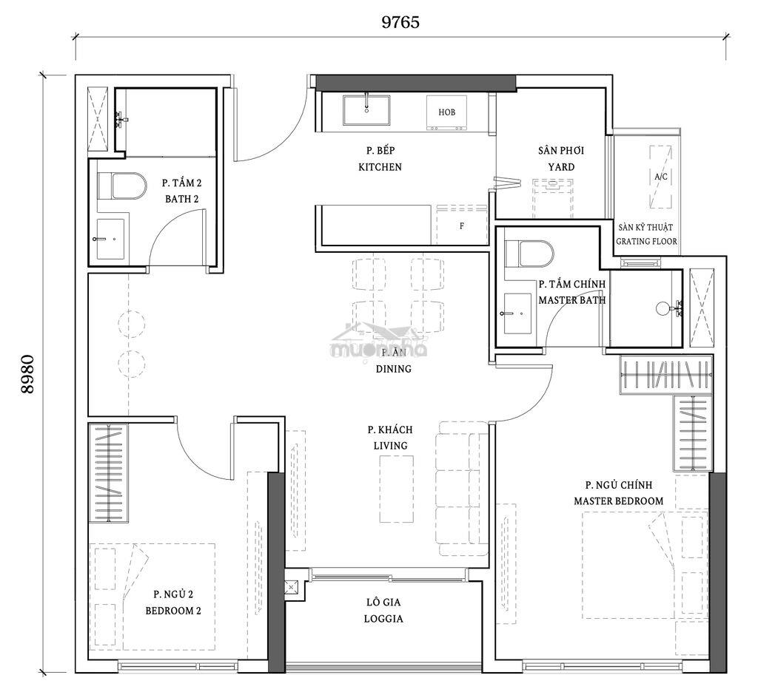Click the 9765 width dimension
click(x=400, y=21)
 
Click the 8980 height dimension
click(x=28, y=374)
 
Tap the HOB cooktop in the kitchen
click(x=446, y=112)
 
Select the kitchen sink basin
click(x=366, y=110)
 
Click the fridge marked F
click(x=462, y=225)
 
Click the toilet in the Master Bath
click(x=529, y=254)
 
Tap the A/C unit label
click(x=661, y=177)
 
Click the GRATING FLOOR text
click(x=646, y=241)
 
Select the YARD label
click(x=561, y=167)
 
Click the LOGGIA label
click(x=383, y=619)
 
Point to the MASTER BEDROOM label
click(x=618, y=501)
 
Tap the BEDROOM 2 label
click(x=173, y=611)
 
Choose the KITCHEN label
click(x=380, y=167)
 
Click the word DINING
click(x=394, y=369)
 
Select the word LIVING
click(x=390, y=445)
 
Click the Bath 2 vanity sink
click(x=110, y=239)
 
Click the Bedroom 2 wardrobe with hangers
click(x=108, y=472)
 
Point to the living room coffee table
click(x=397, y=489)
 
